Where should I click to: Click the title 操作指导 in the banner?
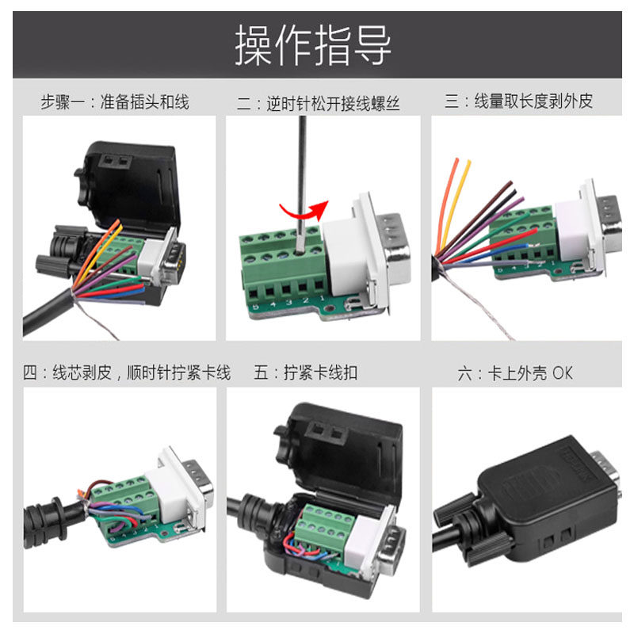[x=313, y=45]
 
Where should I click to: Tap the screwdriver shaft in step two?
[x=302, y=174]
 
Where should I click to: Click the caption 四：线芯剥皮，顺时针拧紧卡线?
[x=127, y=372]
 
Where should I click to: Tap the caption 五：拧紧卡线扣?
[x=305, y=372]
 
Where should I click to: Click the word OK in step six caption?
[x=562, y=372]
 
